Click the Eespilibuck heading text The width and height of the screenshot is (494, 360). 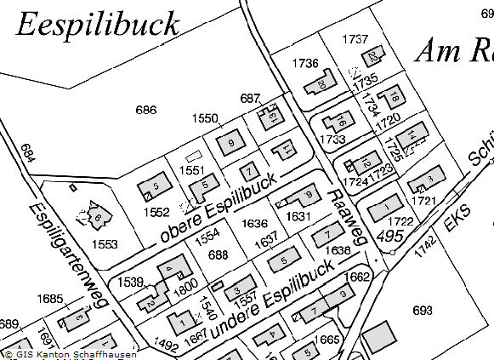click(98, 24)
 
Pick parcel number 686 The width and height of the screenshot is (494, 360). click(146, 110)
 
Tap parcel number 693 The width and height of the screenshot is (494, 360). click(422, 309)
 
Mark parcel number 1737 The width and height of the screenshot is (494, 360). click(355, 39)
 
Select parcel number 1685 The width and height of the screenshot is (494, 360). click(51, 299)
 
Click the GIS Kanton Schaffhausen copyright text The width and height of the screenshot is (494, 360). click(70, 354)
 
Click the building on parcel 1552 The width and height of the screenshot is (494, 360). click(155, 184)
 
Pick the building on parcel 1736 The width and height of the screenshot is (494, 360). click(319, 84)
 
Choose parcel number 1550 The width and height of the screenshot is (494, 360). click(205, 119)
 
